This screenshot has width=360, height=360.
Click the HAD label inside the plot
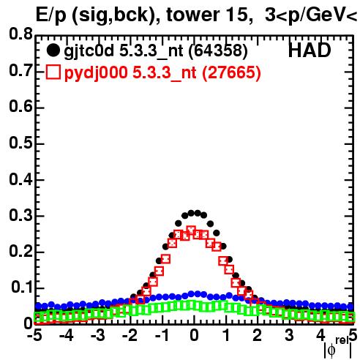(310, 50)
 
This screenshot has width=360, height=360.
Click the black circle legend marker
(53, 50)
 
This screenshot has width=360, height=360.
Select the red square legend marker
(53, 72)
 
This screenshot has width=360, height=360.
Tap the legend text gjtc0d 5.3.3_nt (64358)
(156, 51)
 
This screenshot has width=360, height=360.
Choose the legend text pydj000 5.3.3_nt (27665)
(162, 73)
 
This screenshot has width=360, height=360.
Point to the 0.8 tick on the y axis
(20, 34)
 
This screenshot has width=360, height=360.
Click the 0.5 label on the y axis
(20, 143)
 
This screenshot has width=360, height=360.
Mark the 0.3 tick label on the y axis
(20, 215)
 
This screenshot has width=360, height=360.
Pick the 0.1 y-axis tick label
(22, 288)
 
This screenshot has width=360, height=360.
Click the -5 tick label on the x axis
(34, 336)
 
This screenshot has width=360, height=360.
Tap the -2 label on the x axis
(130, 336)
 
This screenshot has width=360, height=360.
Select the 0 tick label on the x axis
(194, 336)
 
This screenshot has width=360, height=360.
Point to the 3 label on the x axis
(289, 336)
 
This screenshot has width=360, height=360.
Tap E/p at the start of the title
(51, 16)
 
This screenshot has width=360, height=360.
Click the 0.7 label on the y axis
(20, 70)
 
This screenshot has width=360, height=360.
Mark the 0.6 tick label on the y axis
(20, 106)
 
